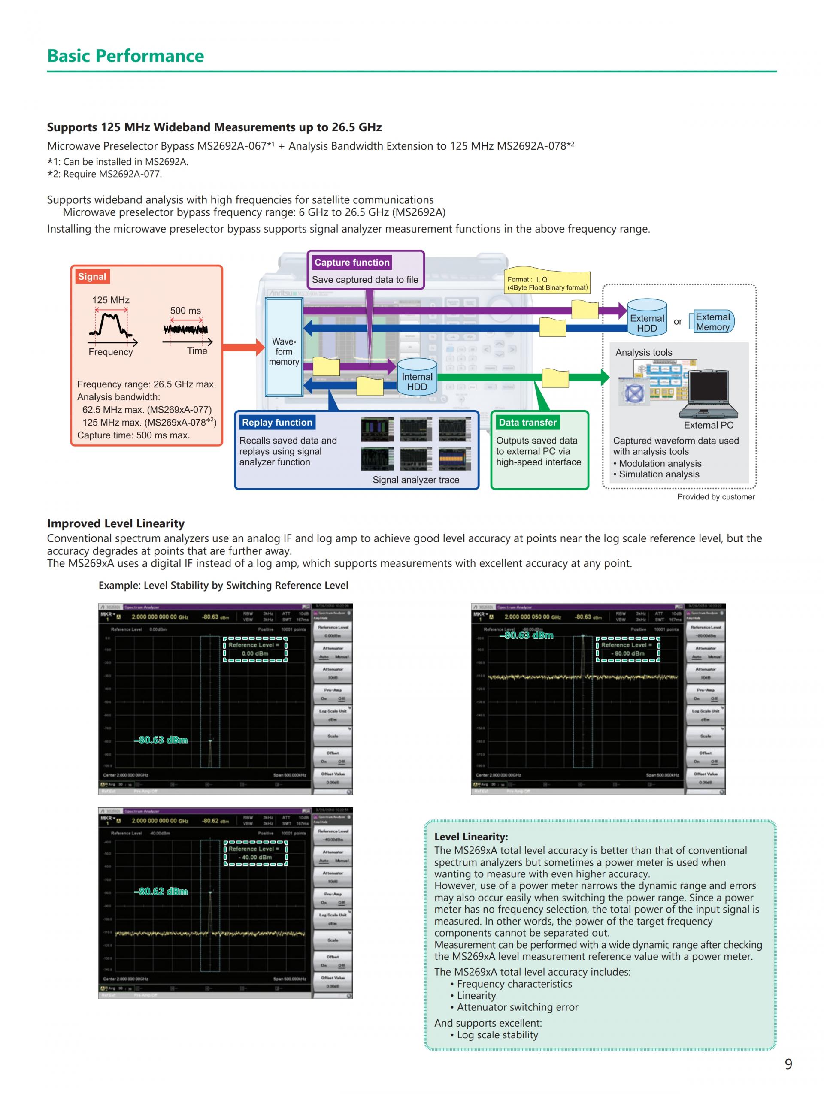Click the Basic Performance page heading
[125, 56]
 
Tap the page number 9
[788, 1064]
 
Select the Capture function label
[351, 262]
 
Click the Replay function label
[277, 422]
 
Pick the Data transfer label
[527, 422]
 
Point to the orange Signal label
[92, 276]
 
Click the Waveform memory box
[284, 348]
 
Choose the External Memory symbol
[713, 322]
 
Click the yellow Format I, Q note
[547, 283]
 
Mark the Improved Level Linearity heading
[116, 523]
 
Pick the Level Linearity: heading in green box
[471, 837]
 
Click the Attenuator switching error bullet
[517, 1007]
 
